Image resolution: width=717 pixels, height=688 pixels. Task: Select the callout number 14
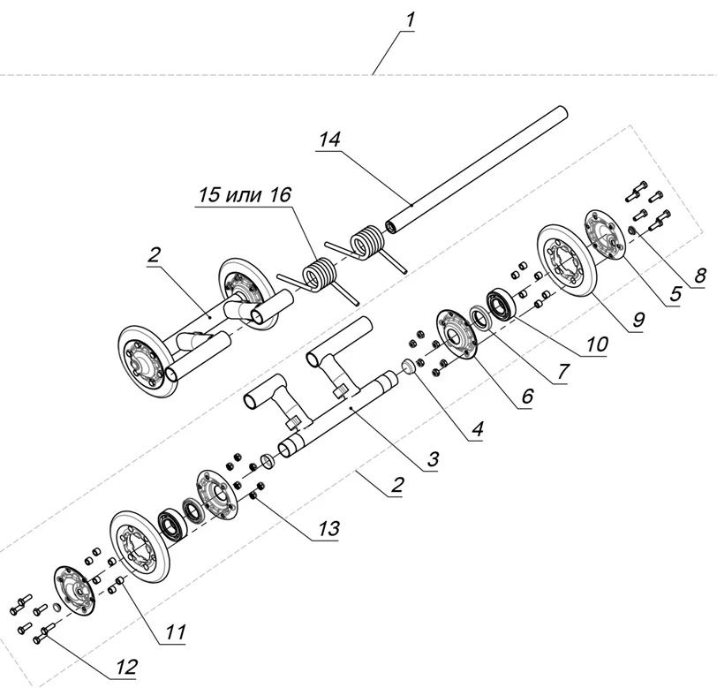(x=329, y=140)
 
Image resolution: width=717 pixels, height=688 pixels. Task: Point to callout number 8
(x=699, y=275)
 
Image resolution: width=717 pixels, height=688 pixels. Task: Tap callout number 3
(x=433, y=459)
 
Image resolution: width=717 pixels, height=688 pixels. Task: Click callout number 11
(x=177, y=632)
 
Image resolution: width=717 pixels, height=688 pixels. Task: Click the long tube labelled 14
(x=477, y=168)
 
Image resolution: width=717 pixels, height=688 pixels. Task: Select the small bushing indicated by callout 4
(x=409, y=366)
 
